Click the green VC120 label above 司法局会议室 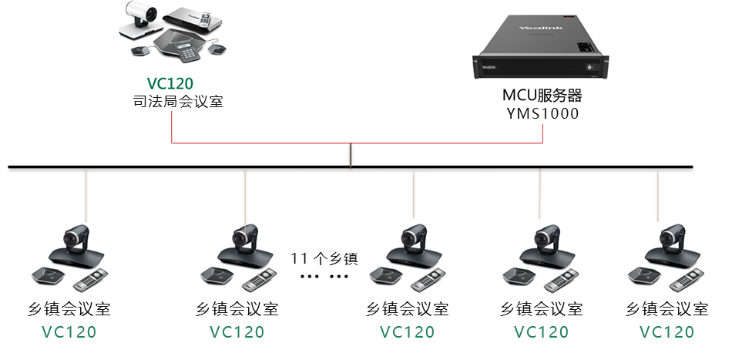pyautogui.click(x=170, y=83)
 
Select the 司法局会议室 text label pyautogui.click(x=178, y=101)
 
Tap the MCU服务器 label pyautogui.click(x=541, y=96)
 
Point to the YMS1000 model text pyautogui.click(x=541, y=114)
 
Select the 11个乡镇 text pyautogui.click(x=324, y=258)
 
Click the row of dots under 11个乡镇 pyautogui.click(x=324, y=275)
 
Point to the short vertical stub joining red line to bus pyautogui.click(x=351, y=154)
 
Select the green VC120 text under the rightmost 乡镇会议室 pyautogui.click(x=667, y=332)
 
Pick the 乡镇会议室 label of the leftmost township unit pyautogui.click(x=69, y=310)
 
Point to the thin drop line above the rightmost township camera pyautogui.click(x=658, y=197)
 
